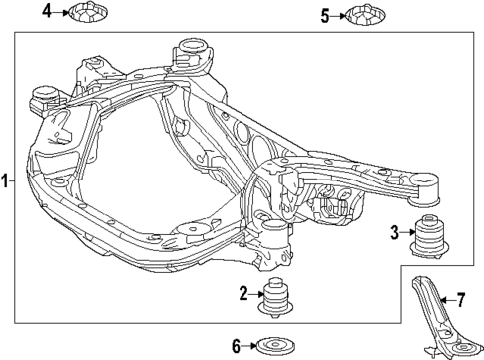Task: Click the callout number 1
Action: pos(6,181)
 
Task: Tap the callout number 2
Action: pos(242,293)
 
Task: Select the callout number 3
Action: pos(395,233)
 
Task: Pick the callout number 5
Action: pos(324,15)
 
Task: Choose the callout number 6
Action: pos(237,346)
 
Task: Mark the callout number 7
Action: pos(460,298)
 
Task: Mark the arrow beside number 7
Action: pos(447,298)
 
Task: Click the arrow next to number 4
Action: pos(59,12)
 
